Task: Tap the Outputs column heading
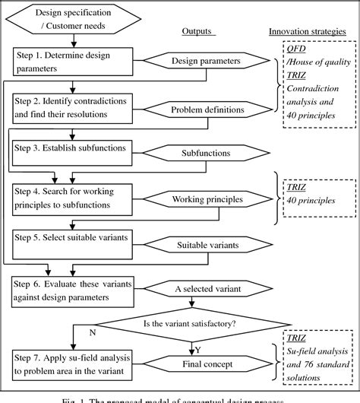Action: (198, 31)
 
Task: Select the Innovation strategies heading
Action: (311, 31)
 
